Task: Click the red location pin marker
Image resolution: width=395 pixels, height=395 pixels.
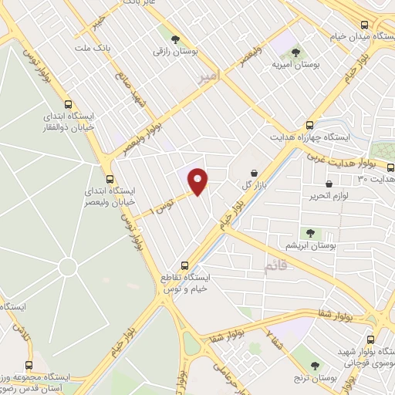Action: point(198,181)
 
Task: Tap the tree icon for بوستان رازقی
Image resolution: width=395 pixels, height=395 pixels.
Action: point(175,38)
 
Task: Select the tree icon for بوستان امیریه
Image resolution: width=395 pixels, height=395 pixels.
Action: point(295,53)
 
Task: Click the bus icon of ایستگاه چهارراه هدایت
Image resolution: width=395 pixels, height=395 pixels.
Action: point(309,124)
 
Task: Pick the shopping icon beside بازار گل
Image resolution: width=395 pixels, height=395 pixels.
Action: point(255,173)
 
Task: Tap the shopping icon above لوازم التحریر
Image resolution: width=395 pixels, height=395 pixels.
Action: point(330,185)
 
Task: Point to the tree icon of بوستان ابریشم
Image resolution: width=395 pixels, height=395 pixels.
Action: point(309,232)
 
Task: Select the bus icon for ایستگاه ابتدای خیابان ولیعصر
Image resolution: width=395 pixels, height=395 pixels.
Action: point(109,178)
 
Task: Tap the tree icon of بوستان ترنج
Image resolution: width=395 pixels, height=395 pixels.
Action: point(314,365)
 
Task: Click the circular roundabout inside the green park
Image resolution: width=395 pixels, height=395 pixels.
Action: point(67,267)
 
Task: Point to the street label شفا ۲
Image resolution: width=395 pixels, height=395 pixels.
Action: point(275,334)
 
